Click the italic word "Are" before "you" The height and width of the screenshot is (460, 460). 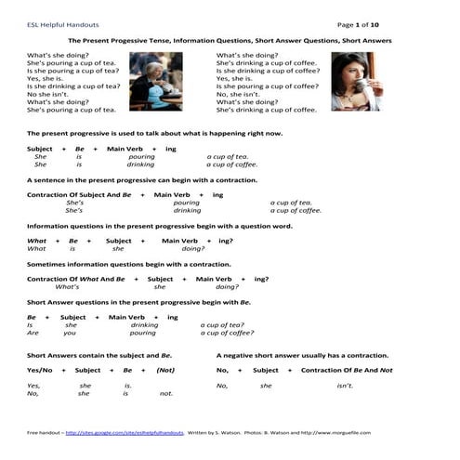pyautogui.click(x=33, y=333)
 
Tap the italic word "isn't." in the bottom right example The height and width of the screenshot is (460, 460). pyautogui.click(x=345, y=385)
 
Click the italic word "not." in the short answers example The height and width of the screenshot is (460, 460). pyautogui.click(x=166, y=393)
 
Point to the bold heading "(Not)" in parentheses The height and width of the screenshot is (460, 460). pyautogui.click(x=166, y=370)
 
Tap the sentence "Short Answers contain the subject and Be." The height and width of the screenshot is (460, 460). pyautogui.click(x=99, y=355)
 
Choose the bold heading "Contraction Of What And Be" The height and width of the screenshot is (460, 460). pyautogui.click(x=76, y=279)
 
